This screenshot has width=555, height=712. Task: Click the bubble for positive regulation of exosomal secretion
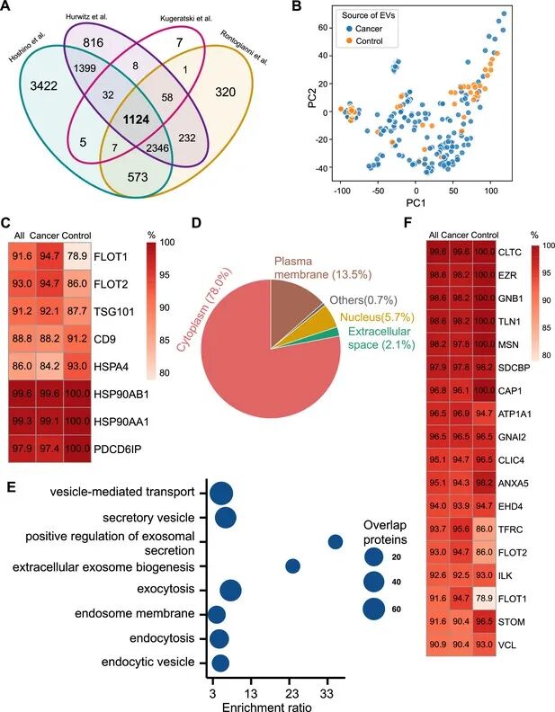[x=336, y=541]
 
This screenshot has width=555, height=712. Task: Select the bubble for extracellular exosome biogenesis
[x=292, y=565]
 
